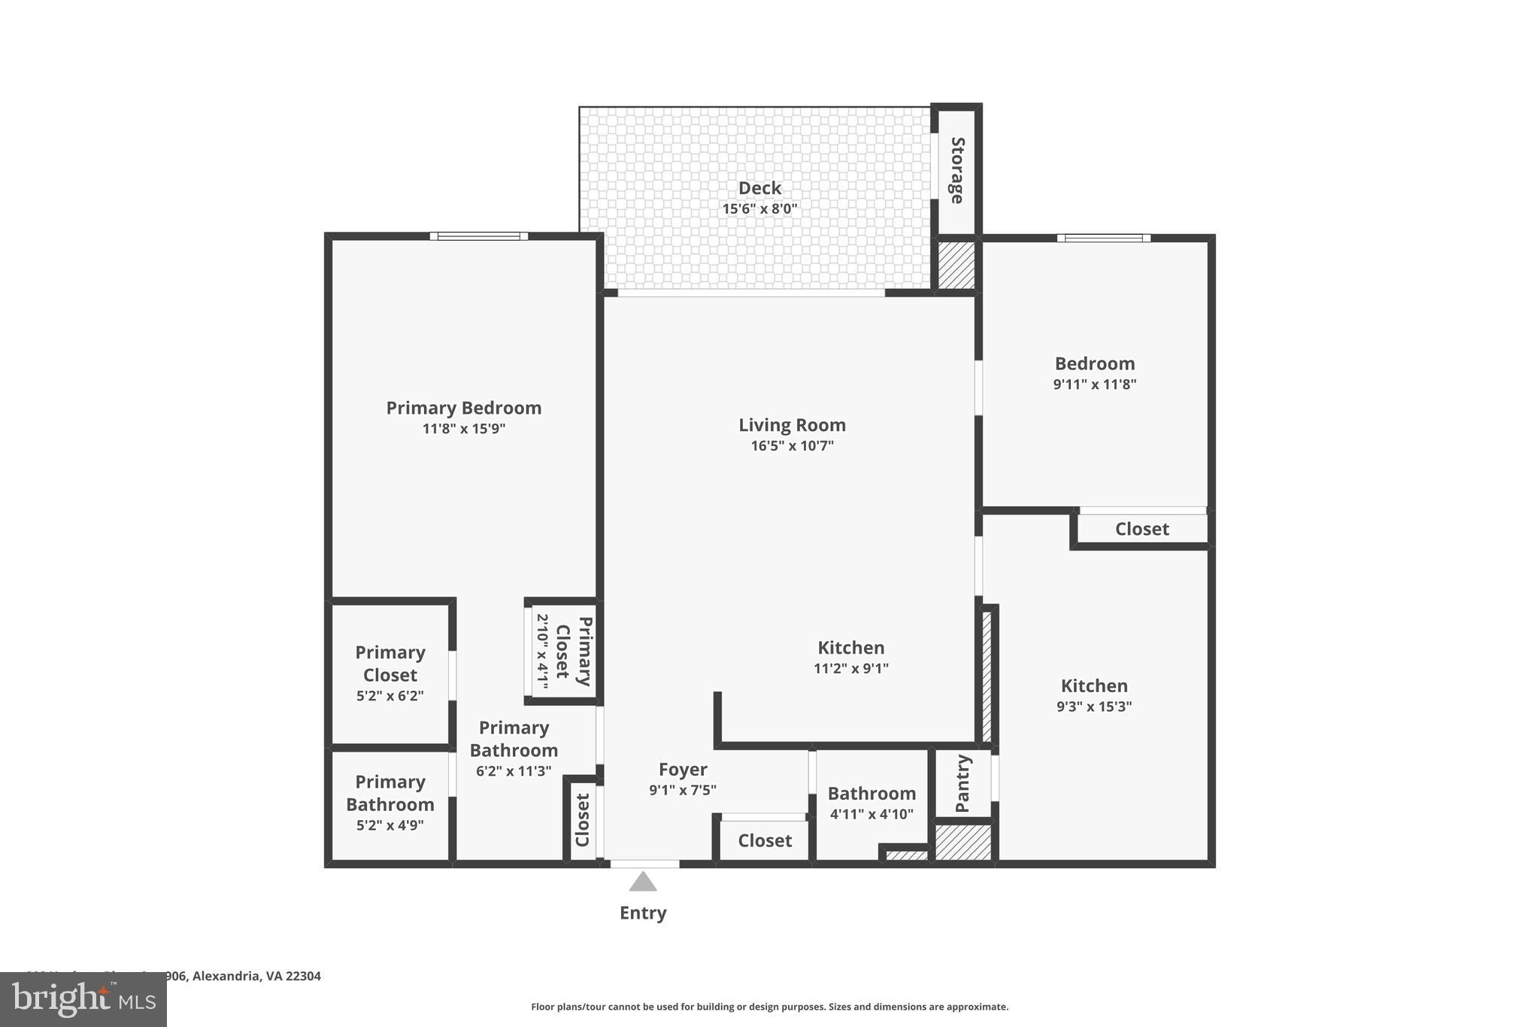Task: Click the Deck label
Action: tap(759, 188)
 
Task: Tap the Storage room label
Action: tap(957, 170)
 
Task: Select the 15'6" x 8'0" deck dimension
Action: tap(759, 209)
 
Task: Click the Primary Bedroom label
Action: tap(463, 408)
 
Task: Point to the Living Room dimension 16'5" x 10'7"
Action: tap(792, 446)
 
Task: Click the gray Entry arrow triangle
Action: tap(643, 882)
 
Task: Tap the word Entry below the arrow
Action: tap(643, 913)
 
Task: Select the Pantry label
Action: tap(962, 784)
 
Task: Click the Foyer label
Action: tap(683, 770)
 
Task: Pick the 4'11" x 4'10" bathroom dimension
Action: tap(872, 814)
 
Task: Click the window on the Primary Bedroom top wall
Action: tap(479, 236)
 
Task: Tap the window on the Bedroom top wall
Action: tap(1103, 239)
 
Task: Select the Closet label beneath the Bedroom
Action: tap(1141, 529)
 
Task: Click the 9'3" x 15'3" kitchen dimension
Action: tap(1094, 706)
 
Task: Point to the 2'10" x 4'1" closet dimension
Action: tap(541, 650)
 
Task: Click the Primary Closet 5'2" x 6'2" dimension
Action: tap(390, 696)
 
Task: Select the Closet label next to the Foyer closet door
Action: tap(765, 841)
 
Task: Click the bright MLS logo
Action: tap(83, 999)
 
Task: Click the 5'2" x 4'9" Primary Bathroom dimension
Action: tap(390, 825)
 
